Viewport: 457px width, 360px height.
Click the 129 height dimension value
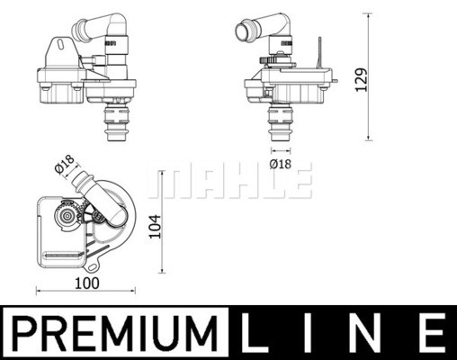click(362, 80)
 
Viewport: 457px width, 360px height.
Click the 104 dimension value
click(156, 227)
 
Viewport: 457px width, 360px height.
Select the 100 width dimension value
click(86, 283)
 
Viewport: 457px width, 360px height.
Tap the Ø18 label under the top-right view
click(281, 164)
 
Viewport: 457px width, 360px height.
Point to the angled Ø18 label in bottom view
click(65, 164)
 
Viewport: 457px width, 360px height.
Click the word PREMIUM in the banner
click(115, 333)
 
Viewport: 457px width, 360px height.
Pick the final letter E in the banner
click(431, 333)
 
